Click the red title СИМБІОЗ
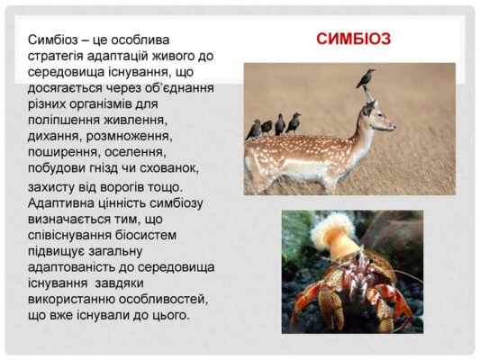click(353, 40)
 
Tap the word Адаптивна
click(62, 204)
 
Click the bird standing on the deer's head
click(365, 79)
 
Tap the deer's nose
click(393, 127)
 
